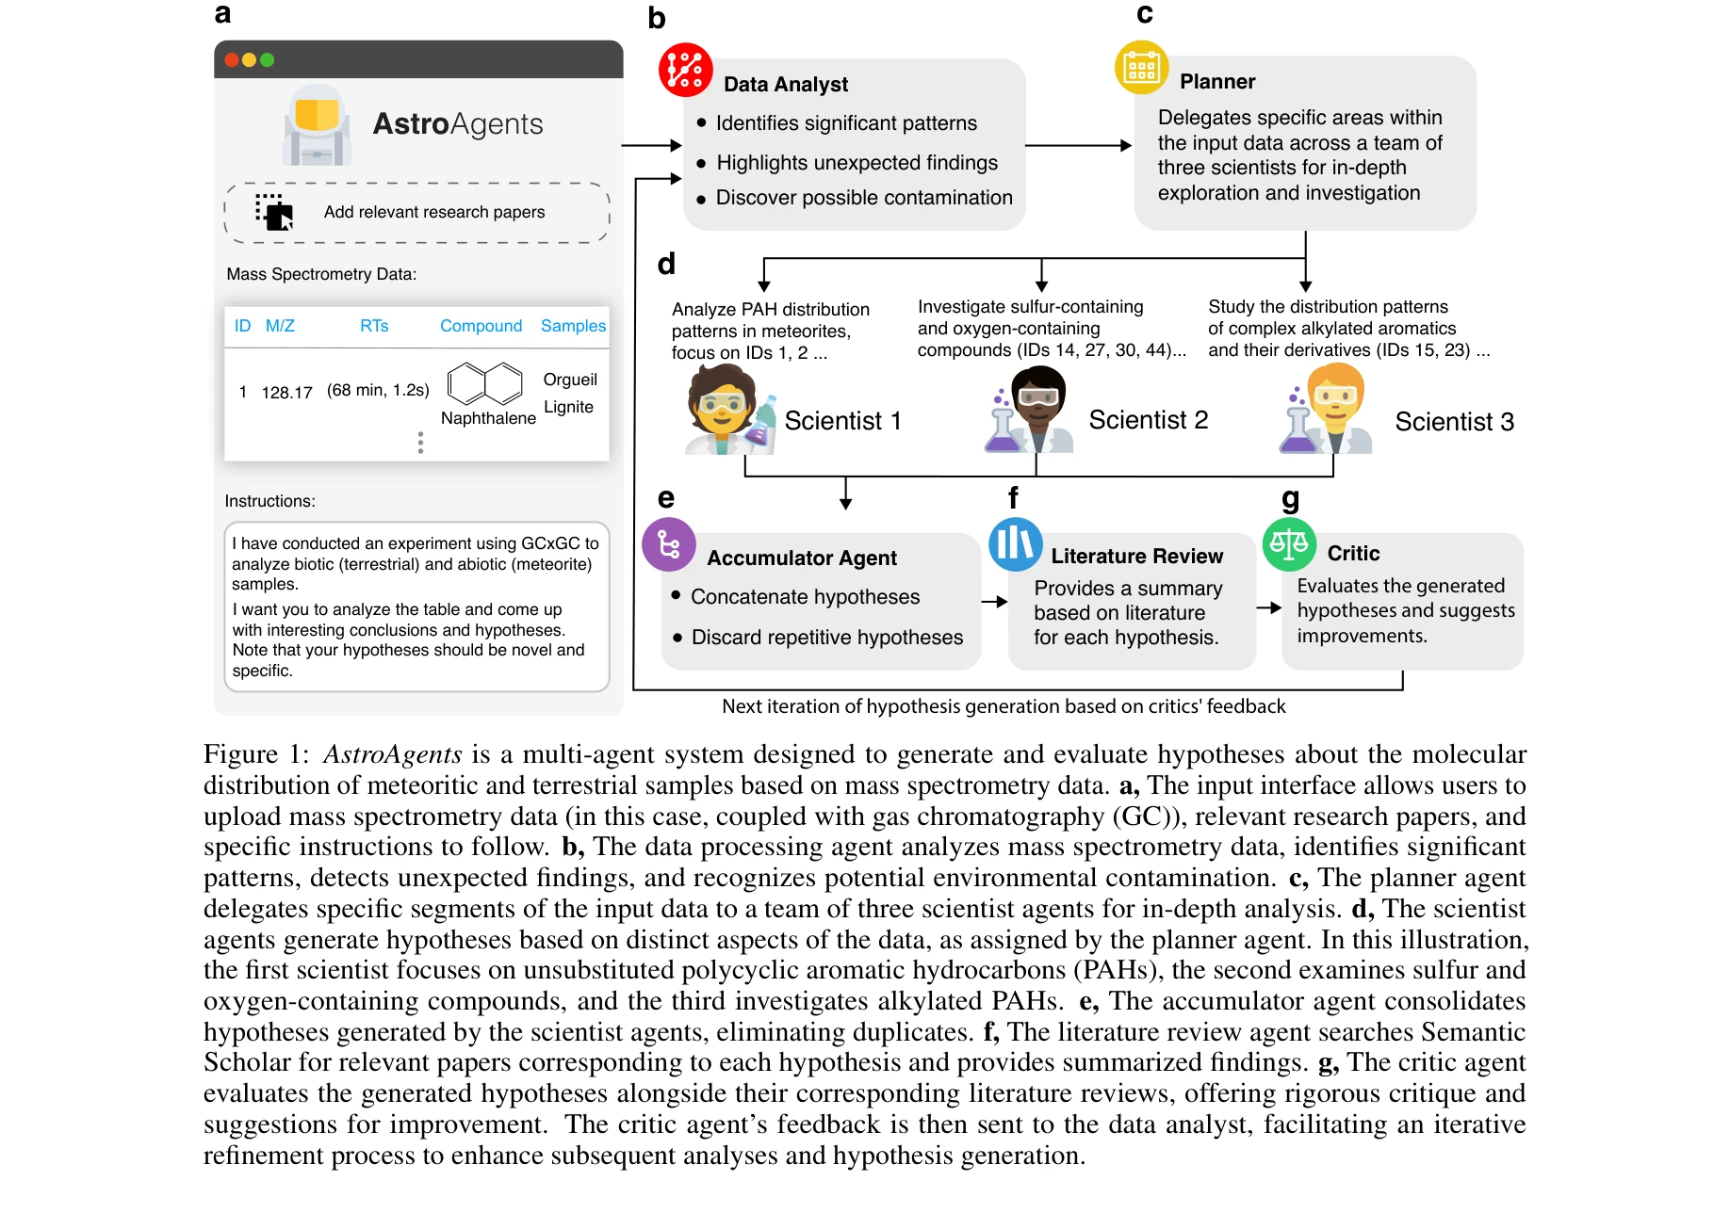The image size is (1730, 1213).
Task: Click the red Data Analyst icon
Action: [x=685, y=70]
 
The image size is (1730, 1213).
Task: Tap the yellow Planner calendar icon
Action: [x=1141, y=68]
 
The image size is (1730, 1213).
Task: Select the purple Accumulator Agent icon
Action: [x=669, y=544]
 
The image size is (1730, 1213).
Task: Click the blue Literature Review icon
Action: [x=1015, y=543]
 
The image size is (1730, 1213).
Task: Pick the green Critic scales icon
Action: [x=1289, y=543]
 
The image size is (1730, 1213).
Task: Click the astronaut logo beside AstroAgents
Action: [x=318, y=126]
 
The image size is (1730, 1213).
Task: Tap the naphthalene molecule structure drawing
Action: [x=485, y=383]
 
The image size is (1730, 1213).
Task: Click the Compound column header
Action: [x=481, y=326]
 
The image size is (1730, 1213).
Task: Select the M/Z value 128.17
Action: [x=286, y=393]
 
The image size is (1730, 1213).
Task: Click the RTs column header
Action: [x=374, y=326]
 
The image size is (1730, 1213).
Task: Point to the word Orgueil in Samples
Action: [x=570, y=380]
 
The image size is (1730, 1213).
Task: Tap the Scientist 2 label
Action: [x=1148, y=420]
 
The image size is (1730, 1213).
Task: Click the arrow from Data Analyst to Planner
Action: [x=1078, y=145]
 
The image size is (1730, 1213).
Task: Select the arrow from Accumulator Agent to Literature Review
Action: [x=994, y=601]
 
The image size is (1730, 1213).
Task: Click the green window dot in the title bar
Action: [x=268, y=60]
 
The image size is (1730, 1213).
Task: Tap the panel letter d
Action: [x=666, y=264]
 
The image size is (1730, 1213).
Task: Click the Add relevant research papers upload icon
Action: [x=274, y=212]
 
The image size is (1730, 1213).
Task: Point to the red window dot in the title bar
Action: [x=232, y=60]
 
